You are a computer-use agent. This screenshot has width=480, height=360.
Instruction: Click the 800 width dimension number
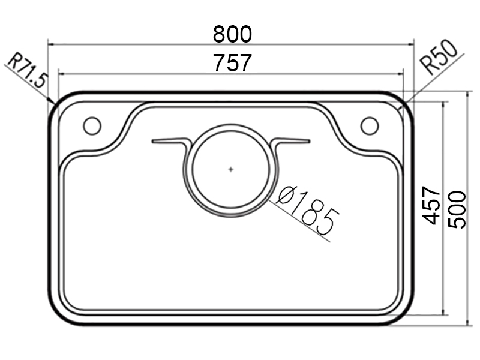pyautogui.click(x=233, y=34)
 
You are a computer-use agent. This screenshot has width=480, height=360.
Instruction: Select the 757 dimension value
pyautogui.click(x=233, y=62)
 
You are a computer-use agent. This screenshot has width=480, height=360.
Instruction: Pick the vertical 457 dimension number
pyautogui.click(x=432, y=206)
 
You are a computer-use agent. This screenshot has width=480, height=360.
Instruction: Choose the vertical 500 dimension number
pyautogui.click(x=457, y=209)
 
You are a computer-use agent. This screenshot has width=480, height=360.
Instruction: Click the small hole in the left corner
pyautogui.click(x=92, y=126)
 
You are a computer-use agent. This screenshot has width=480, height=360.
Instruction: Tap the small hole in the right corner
pyautogui.click(x=369, y=126)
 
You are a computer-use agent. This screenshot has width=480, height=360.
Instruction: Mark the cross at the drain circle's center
pyautogui.click(x=231, y=169)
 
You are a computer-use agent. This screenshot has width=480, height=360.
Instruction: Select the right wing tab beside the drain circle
pyautogui.click(x=292, y=142)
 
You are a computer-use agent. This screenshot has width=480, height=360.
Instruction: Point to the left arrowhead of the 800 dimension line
pyautogui.click(x=51, y=44)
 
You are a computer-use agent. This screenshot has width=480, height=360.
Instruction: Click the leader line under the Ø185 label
pyautogui.click(x=300, y=222)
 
